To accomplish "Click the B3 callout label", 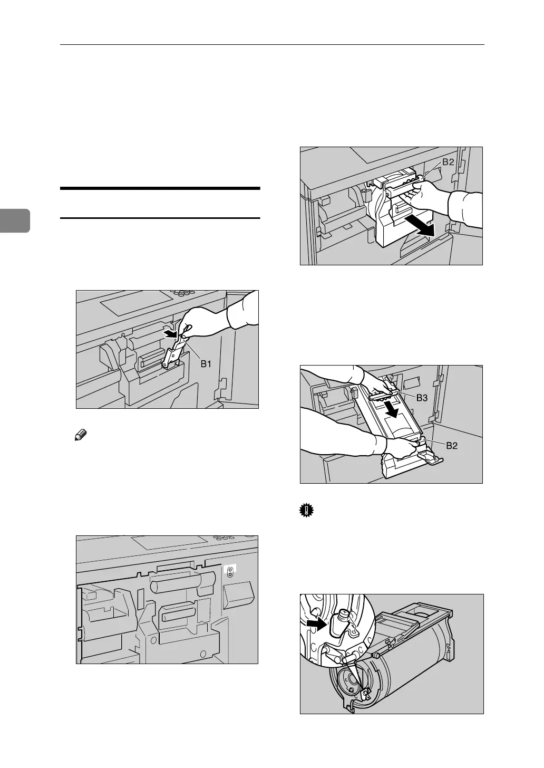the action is coord(422,398).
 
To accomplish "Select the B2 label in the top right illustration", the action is coord(449,162).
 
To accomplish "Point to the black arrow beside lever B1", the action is coord(170,333).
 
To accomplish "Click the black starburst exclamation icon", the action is coord(305,512).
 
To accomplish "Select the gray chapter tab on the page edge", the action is coord(15,221).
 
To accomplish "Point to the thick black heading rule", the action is coord(160,188).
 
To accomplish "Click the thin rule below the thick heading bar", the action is coord(160,218).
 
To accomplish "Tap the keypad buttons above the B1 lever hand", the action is coord(184,294).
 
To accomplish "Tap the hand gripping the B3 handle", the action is coord(377,387).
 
